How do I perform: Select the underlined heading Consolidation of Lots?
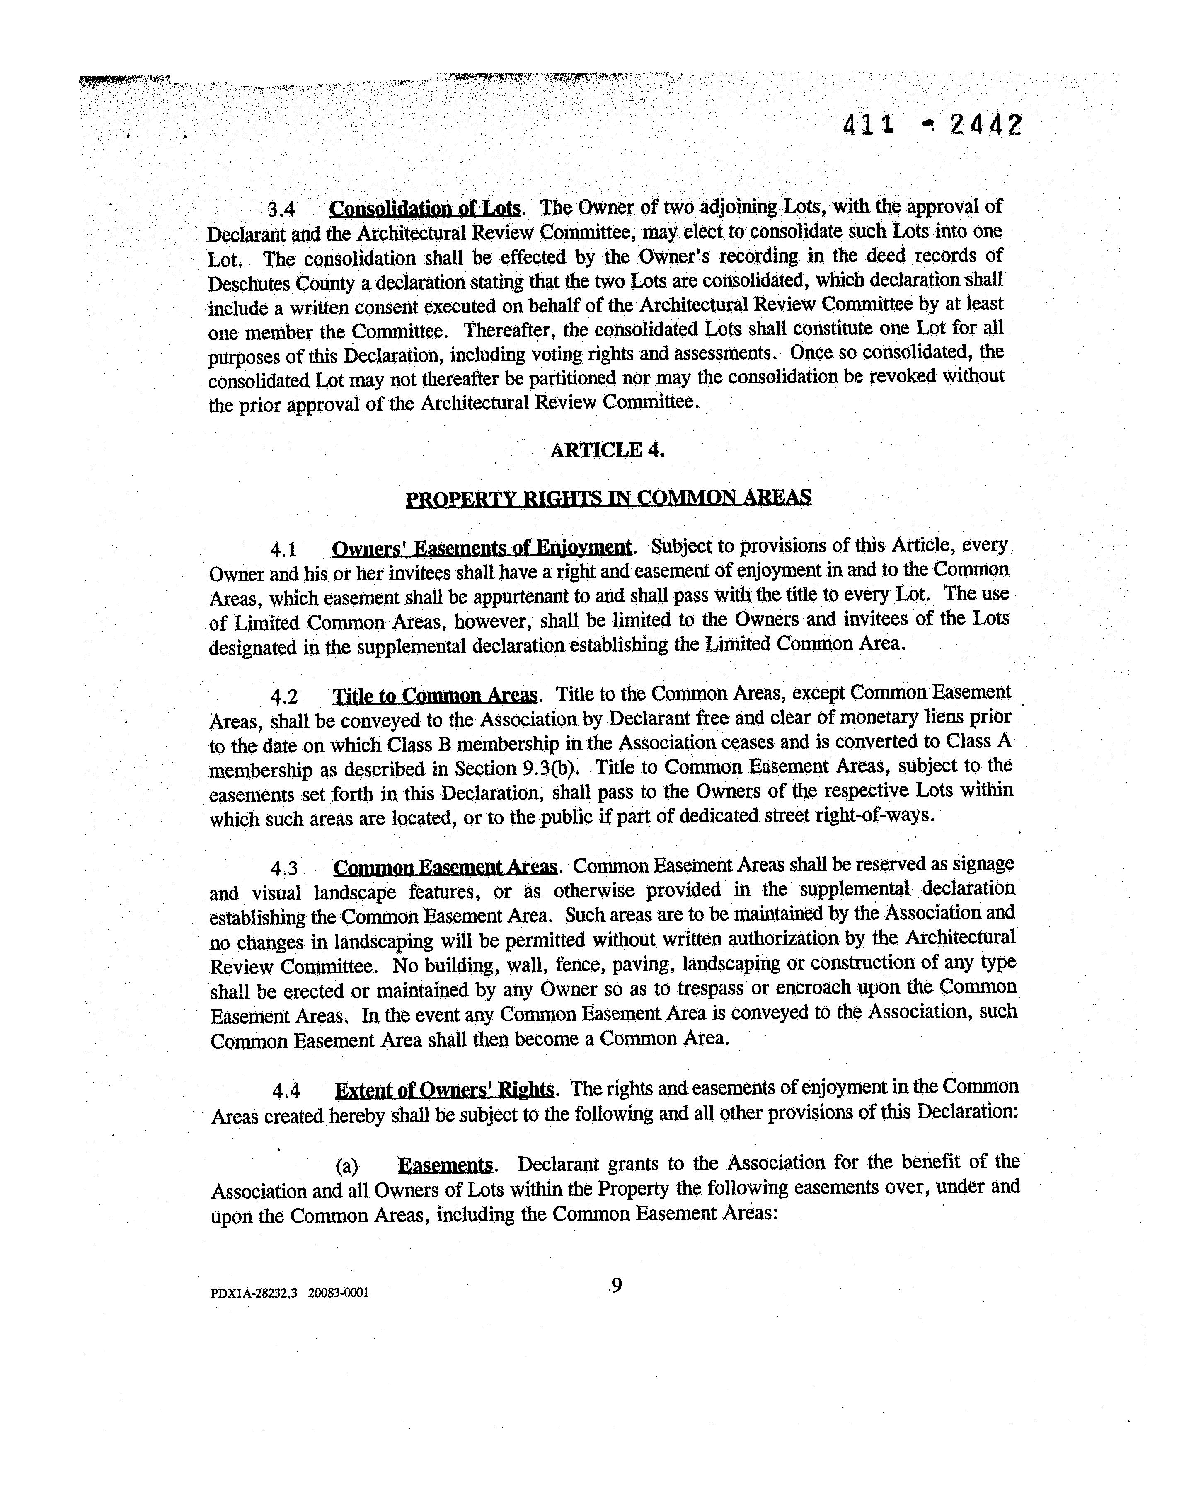pos(424,208)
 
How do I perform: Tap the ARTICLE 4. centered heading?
pos(607,450)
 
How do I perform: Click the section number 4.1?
pos(284,550)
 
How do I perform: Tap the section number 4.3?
pos(284,868)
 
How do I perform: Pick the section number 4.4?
pos(286,1092)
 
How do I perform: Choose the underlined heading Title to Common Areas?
pos(435,696)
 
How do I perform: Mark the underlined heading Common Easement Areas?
pos(445,868)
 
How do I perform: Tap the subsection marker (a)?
pos(346,1166)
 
